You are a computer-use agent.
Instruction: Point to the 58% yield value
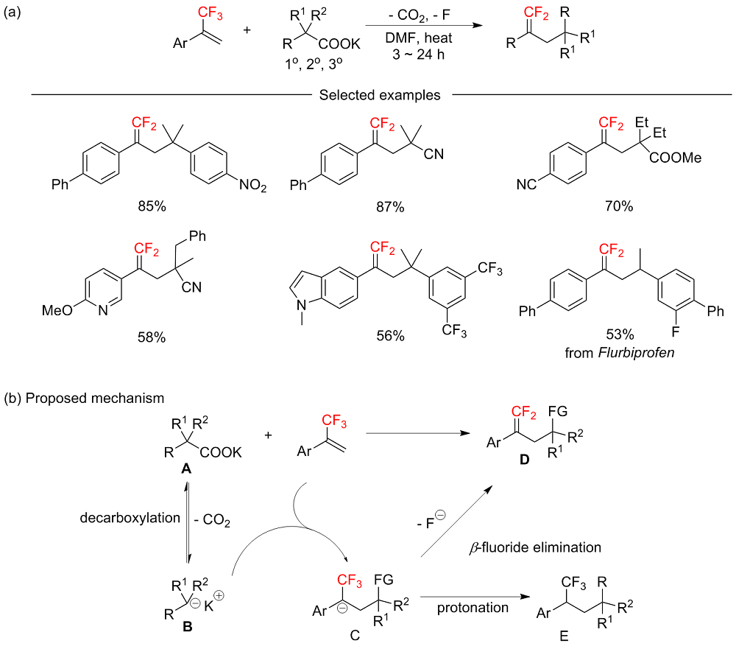point(150,337)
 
